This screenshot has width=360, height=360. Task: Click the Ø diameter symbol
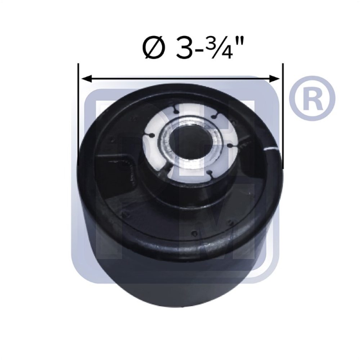pyautogui.click(x=153, y=48)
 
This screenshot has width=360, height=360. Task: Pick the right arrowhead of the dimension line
pyautogui.click(x=277, y=77)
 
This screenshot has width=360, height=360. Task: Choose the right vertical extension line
pyautogui.click(x=283, y=115)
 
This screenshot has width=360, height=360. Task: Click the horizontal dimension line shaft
pyautogui.click(x=180, y=77)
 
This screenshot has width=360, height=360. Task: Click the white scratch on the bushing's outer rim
pyautogui.click(x=272, y=148)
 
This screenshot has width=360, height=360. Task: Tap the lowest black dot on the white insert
pyautogui.click(x=211, y=176)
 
